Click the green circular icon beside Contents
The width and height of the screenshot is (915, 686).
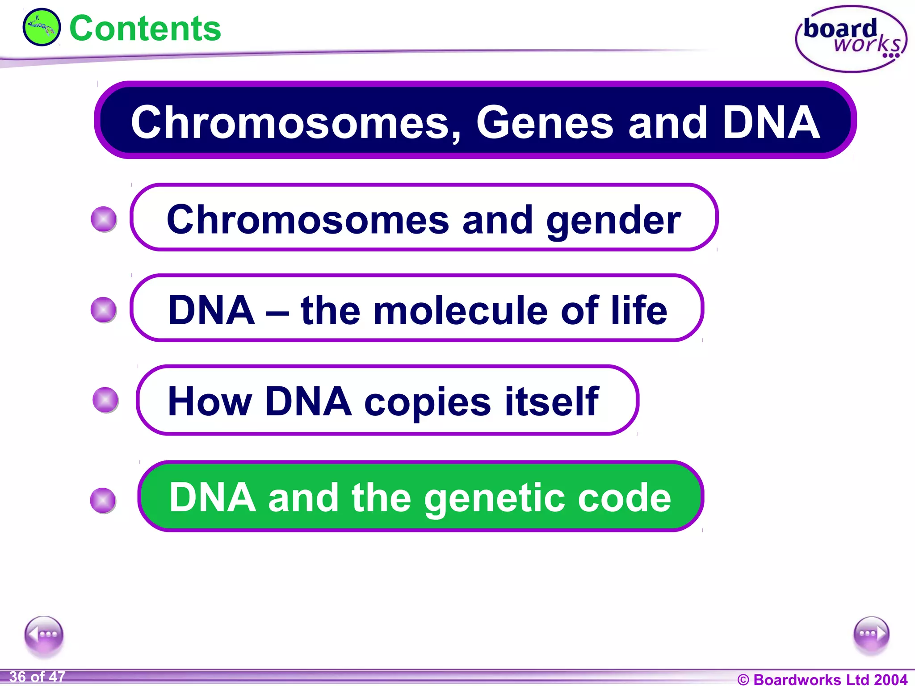pos(41,27)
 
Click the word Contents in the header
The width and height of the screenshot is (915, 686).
pos(145,29)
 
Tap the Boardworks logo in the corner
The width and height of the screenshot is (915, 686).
pos(851,39)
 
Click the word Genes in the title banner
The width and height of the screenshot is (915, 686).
pos(545,122)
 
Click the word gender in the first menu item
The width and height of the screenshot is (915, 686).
pos(613,220)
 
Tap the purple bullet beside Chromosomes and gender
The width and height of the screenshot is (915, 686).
pos(104,219)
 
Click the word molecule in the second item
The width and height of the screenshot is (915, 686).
pos(461,310)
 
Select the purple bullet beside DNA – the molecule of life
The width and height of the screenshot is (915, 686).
pos(104,310)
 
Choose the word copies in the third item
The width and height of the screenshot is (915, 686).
pos(428,402)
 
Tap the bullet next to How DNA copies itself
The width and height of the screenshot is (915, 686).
pos(105,400)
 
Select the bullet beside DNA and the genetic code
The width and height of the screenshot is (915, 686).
pos(103,500)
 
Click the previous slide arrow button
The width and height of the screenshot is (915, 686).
pos(44,634)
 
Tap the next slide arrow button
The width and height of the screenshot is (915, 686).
pos(871,634)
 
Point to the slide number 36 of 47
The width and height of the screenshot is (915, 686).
pos(37,677)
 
